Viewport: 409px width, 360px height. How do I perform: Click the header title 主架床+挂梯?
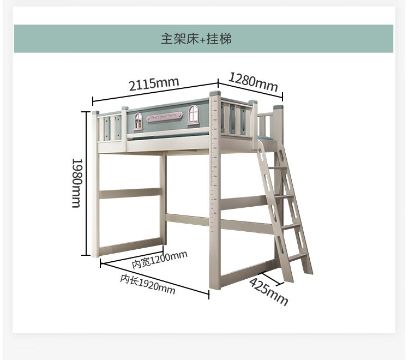203,39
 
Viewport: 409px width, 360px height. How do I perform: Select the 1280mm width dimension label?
252,81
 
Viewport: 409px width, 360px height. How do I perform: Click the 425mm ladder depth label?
268,292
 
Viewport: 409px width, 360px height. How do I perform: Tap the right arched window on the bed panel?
194,114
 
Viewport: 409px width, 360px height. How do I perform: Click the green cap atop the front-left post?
96,113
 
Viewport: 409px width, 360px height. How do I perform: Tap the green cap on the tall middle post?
214,95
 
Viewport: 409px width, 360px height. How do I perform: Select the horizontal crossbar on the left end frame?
131,193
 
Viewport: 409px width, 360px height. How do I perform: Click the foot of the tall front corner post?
214,284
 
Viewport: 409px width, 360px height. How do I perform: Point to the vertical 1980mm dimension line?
86,183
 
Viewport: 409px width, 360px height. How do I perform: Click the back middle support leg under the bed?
163,196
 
